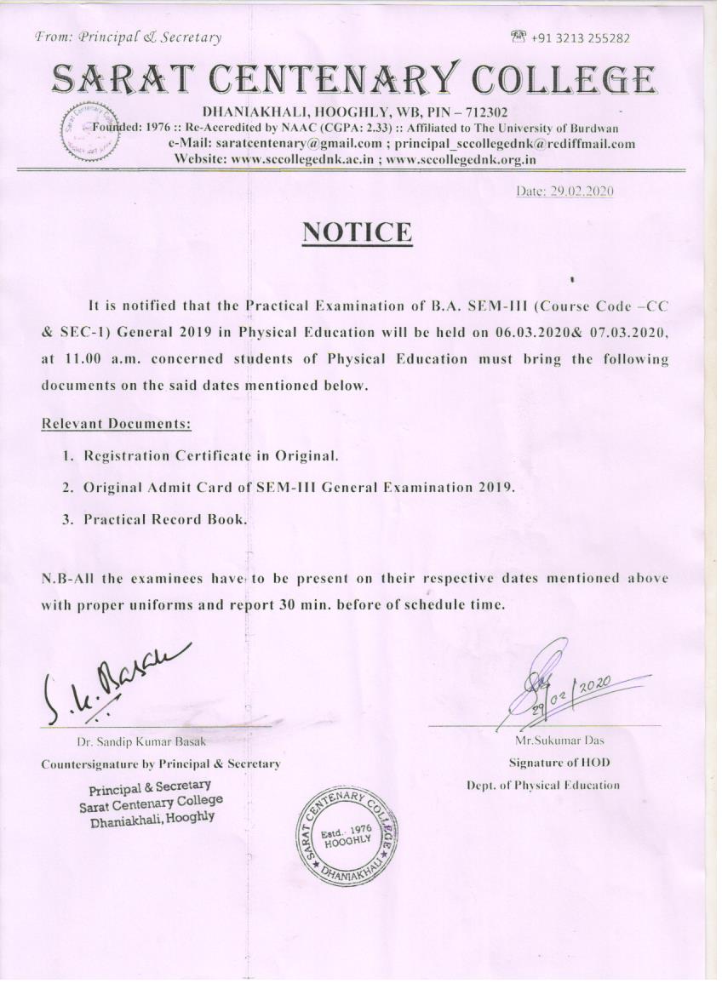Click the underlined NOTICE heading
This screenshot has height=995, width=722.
click(358, 232)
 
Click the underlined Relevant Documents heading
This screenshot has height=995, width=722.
click(116, 424)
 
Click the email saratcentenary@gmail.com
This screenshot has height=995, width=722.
click(290, 143)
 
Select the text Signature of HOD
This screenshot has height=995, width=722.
click(559, 762)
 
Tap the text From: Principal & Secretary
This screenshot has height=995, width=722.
click(128, 37)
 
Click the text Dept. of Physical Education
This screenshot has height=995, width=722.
click(542, 785)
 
